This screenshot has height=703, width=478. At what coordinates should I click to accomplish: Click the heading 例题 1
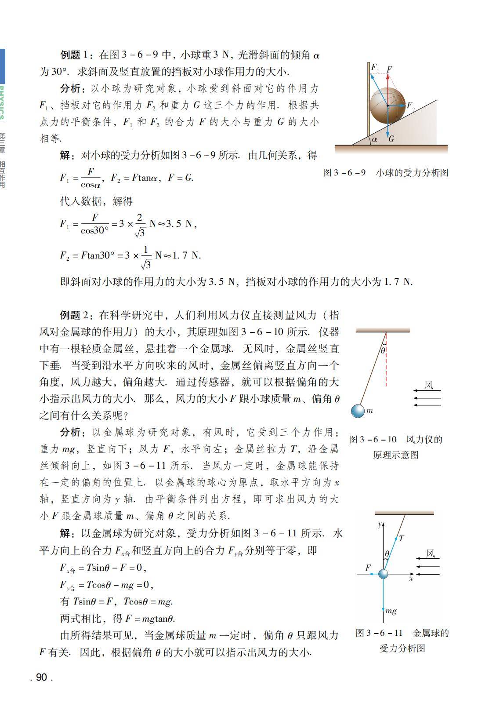(76, 55)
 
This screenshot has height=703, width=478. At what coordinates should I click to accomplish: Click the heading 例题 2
(76, 315)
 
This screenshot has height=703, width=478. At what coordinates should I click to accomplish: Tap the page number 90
(41, 678)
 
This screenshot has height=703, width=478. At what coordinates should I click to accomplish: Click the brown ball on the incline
(387, 106)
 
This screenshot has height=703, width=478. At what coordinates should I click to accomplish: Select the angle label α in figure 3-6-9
(374, 139)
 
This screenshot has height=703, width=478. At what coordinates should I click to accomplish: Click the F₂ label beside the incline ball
(411, 106)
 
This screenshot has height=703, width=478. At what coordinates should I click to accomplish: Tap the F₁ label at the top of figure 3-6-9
(375, 67)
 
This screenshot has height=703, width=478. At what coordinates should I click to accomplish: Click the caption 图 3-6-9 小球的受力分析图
(385, 173)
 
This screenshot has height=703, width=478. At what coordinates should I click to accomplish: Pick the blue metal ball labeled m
(358, 411)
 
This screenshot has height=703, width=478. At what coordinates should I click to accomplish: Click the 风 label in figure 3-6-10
(429, 386)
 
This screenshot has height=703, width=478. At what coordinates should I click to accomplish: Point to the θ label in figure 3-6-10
(383, 350)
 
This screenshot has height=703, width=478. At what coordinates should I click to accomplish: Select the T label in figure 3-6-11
(402, 538)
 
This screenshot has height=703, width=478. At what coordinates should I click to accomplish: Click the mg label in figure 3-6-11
(391, 611)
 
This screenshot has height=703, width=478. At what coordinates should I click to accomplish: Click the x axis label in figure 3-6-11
(411, 579)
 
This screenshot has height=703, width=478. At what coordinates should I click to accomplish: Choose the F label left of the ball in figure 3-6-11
(368, 568)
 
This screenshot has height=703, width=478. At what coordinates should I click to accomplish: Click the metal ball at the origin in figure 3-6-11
(383, 574)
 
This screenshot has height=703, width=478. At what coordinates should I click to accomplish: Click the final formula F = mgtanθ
(150, 619)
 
